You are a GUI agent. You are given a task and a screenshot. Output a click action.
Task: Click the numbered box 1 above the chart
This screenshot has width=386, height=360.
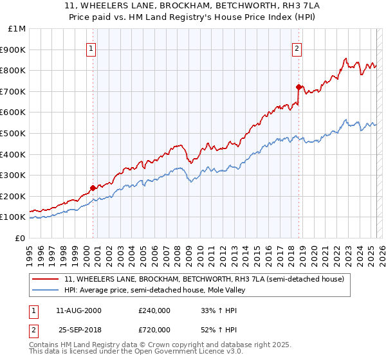click(x=91, y=48)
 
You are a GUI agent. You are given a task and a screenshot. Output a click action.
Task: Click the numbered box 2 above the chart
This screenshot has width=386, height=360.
click(x=297, y=48)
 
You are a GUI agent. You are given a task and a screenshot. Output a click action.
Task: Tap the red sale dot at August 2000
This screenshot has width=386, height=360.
click(x=93, y=188)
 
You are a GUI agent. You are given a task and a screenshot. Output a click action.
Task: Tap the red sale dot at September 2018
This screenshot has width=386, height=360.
click(x=299, y=87)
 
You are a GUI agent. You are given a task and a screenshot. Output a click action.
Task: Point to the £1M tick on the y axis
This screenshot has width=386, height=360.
click(x=17, y=29)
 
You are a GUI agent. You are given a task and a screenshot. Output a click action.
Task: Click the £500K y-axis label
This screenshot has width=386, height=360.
click(x=14, y=133)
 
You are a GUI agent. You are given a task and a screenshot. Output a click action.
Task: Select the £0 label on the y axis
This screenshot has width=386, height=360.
click(x=21, y=238)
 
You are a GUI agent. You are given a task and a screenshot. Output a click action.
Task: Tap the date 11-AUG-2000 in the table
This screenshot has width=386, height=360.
click(x=78, y=310)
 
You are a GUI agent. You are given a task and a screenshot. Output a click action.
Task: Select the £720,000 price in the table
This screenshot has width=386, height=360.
click(x=154, y=330)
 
